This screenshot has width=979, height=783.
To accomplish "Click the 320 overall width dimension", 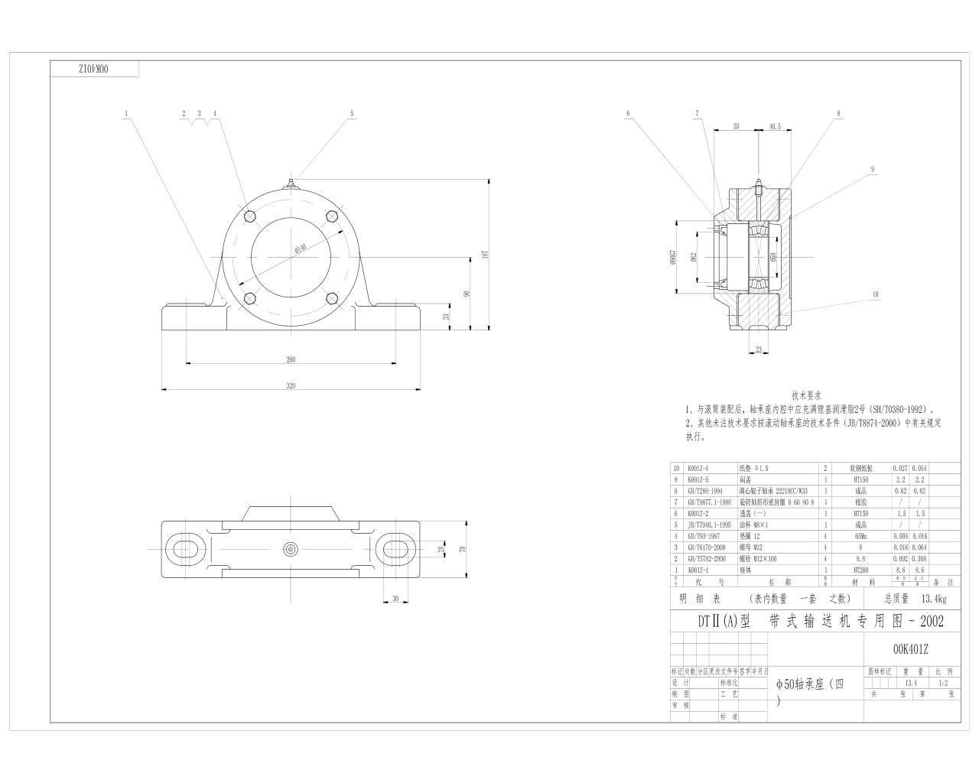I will [291, 386].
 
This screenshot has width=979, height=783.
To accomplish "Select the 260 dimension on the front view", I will [291, 359].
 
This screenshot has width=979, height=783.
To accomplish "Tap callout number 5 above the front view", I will [353, 114].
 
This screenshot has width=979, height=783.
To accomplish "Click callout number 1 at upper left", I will [126, 114].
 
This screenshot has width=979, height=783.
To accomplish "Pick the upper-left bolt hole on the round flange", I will [249, 216].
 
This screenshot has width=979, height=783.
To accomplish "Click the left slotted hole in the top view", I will [185, 548].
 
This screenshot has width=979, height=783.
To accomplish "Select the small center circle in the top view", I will [291, 548].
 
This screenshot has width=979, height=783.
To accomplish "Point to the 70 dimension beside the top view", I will [462, 548].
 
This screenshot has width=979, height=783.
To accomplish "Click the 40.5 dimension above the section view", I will [774, 126].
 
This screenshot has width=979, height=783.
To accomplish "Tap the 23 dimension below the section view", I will [759, 349].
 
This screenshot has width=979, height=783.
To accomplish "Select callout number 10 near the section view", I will [875, 294].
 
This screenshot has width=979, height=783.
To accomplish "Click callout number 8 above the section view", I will [838, 114].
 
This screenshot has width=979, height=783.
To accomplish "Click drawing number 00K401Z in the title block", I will [910, 649].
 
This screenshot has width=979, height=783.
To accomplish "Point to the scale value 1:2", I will [942, 683].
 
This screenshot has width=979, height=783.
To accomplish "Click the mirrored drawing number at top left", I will [95, 69].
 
